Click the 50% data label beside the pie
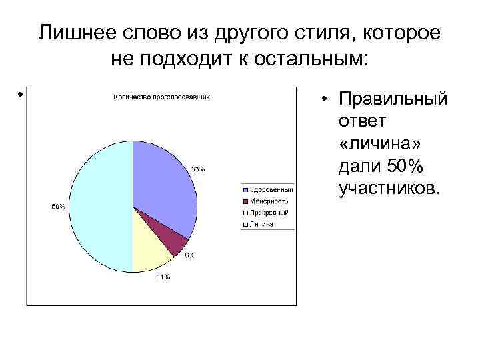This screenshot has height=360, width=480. point(59,207)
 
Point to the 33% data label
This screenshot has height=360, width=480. point(199,169)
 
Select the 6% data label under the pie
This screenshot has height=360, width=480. point(190,256)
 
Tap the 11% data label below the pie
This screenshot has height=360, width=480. point(163,277)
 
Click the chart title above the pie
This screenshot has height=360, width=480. point(162,97)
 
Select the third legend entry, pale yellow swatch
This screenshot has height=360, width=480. point(267,213)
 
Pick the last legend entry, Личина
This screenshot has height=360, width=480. point(261,224)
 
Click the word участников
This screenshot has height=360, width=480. point(389,189)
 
